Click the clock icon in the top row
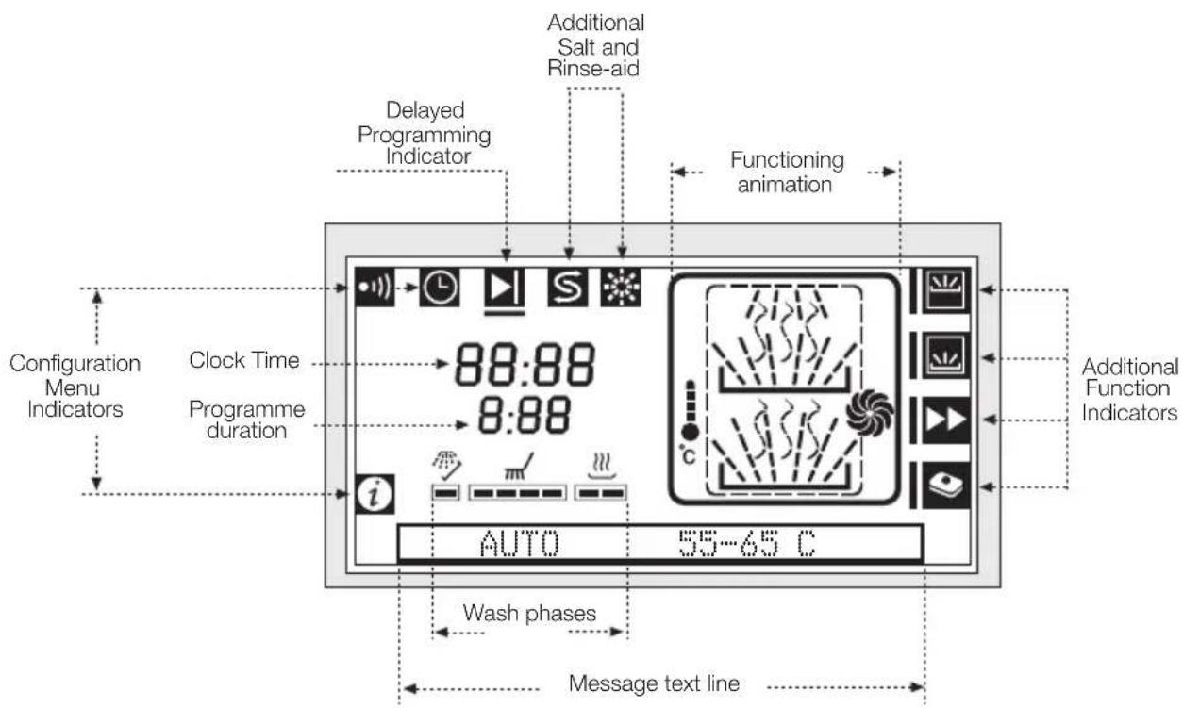coord(440,288)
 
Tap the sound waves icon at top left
coord(375,288)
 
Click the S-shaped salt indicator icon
coord(568,288)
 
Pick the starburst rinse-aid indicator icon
coord(621,288)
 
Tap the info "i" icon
coord(375,494)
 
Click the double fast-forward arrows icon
coord(946,420)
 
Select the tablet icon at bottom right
coord(946,486)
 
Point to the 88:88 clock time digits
coord(525,364)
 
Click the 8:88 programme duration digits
coord(525,416)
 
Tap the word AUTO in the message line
coord(519,543)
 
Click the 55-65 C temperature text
coord(747,543)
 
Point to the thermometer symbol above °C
coord(690,410)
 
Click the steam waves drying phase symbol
coord(602,465)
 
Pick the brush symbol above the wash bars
coord(519,467)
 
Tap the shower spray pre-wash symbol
coord(447,465)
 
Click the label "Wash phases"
coord(529,613)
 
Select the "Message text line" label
coord(654,683)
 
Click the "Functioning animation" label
coord(787,173)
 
